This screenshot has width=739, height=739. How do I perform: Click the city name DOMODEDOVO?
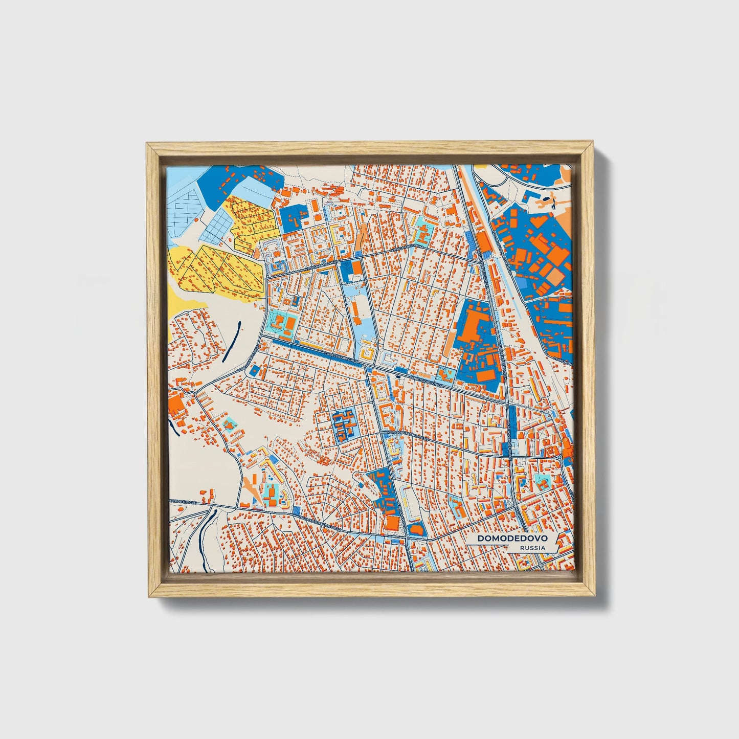coord(512,539)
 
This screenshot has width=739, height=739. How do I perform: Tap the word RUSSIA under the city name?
coord(532,548)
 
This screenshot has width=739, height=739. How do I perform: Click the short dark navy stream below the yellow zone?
coord(231,340)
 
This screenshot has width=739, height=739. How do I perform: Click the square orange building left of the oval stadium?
coord(392,523)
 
